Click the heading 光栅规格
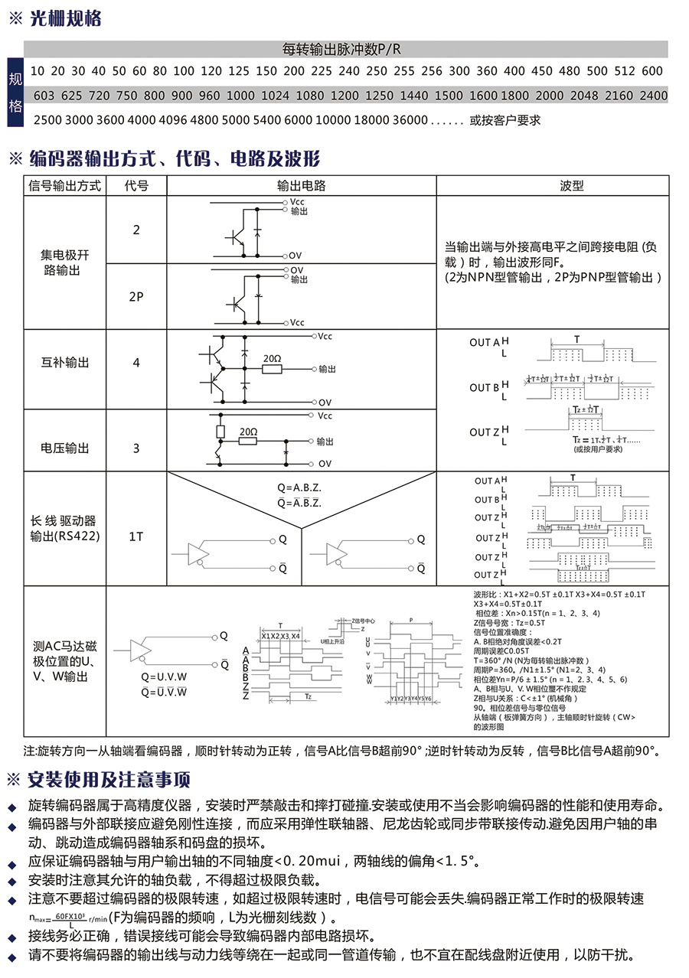tap(64, 19)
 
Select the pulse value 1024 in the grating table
tap(275, 96)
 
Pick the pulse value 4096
tap(174, 120)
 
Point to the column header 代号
tap(136, 186)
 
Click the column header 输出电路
tap(302, 186)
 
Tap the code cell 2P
tap(136, 297)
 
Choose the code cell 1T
tap(136, 536)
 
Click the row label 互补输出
tap(65, 362)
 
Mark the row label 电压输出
tap(65, 448)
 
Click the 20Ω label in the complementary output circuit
tap(273, 358)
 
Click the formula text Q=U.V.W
tap(164, 677)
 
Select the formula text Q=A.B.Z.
tap(299, 487)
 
